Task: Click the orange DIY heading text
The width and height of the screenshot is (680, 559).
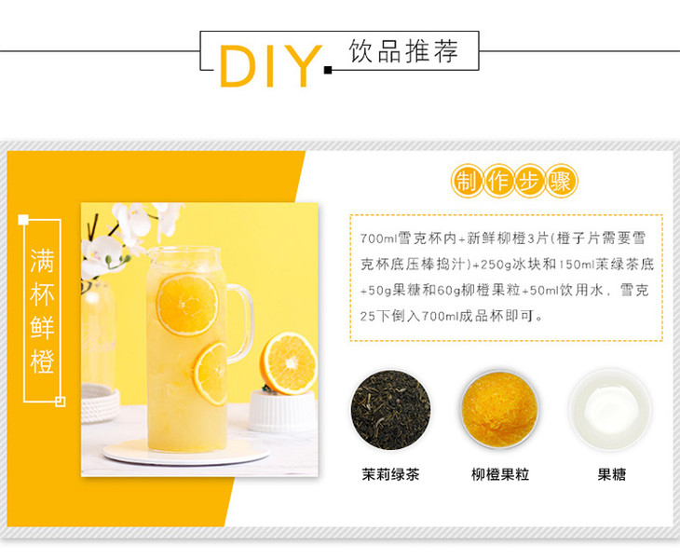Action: tap(271, 66)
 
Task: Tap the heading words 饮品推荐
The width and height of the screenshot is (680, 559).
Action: tap(403, 51)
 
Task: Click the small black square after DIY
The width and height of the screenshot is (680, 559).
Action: tap(328, 70)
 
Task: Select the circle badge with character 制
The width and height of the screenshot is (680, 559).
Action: tap(467, 182)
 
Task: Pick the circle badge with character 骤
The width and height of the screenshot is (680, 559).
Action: tap(561, 182)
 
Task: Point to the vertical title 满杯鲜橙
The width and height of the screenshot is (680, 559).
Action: tap(42, 310)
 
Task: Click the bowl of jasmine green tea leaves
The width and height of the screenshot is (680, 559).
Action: tap(390, 409)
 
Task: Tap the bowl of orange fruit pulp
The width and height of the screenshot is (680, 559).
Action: tap(499, 409)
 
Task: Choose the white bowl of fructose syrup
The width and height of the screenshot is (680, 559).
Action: tap(610, 409)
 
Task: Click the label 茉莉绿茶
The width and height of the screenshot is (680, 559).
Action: tap(390, 474)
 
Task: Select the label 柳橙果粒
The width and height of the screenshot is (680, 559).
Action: tap(500, 474)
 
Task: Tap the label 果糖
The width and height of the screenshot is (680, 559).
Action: tap(611, 474)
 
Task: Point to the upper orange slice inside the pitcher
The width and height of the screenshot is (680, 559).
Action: tap(187, 305)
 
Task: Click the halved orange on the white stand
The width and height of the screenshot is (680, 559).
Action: tap(289, 363)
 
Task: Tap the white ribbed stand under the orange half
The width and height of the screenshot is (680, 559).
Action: tap(282, 411)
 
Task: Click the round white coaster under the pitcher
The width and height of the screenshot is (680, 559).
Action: tap(186, 452)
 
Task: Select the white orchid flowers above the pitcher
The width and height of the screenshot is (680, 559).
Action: tap(130, 234)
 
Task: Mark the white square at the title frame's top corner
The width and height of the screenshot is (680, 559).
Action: tap(23, 220)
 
